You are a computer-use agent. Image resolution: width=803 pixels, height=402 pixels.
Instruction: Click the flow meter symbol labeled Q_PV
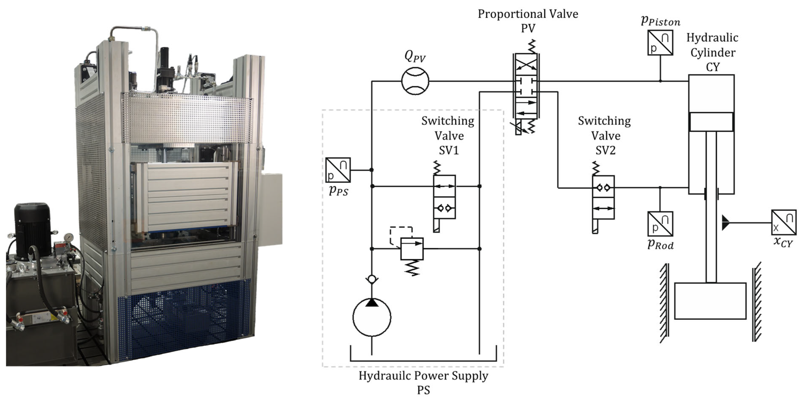tap(415, 81)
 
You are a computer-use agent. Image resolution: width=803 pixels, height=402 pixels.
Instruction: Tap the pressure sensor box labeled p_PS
tap(338, 170)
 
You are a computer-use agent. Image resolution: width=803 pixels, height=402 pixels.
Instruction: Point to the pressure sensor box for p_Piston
tap(660, 43)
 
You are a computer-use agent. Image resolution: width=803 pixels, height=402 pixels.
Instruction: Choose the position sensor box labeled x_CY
tap(784, 222)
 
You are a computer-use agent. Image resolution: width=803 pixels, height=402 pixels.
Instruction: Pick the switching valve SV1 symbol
tap(444, 197)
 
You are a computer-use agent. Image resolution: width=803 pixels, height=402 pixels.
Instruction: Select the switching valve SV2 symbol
tap(603, 198)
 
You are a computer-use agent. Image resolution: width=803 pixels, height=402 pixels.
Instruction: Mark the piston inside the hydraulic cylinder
tap(711, 122)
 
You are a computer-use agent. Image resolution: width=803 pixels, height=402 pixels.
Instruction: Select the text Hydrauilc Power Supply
tap(423, 376)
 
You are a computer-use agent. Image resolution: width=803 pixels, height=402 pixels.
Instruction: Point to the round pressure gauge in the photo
tap(67, 238)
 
